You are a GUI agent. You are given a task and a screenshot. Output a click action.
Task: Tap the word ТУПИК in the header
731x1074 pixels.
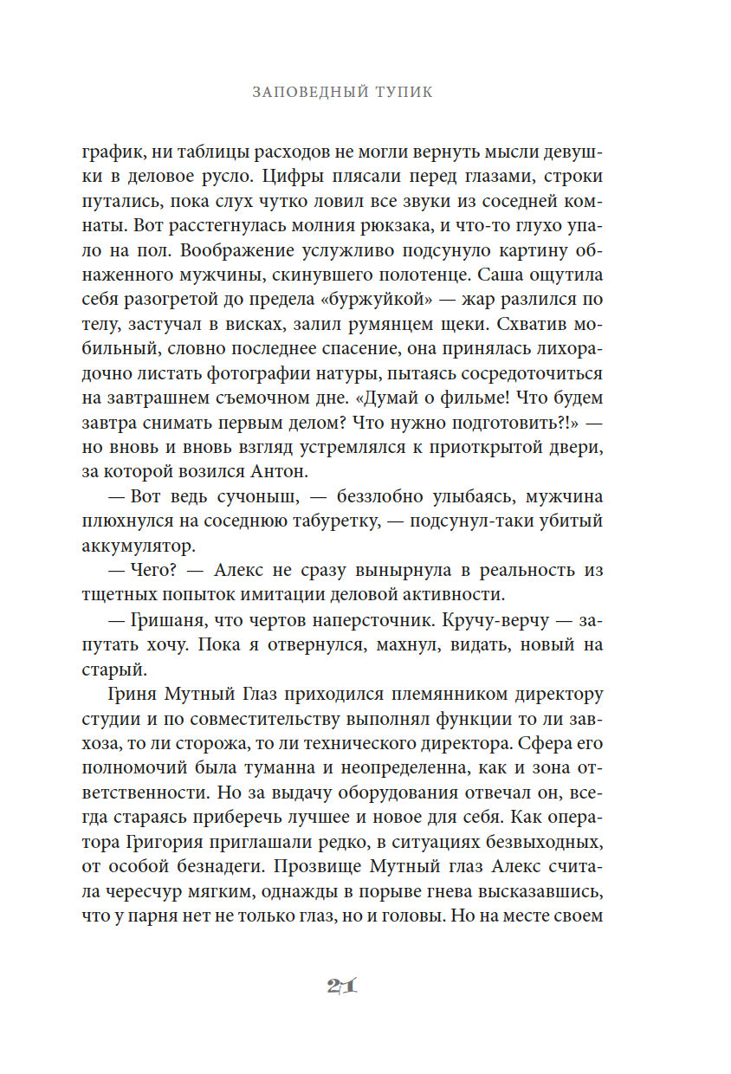pos(404,93)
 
